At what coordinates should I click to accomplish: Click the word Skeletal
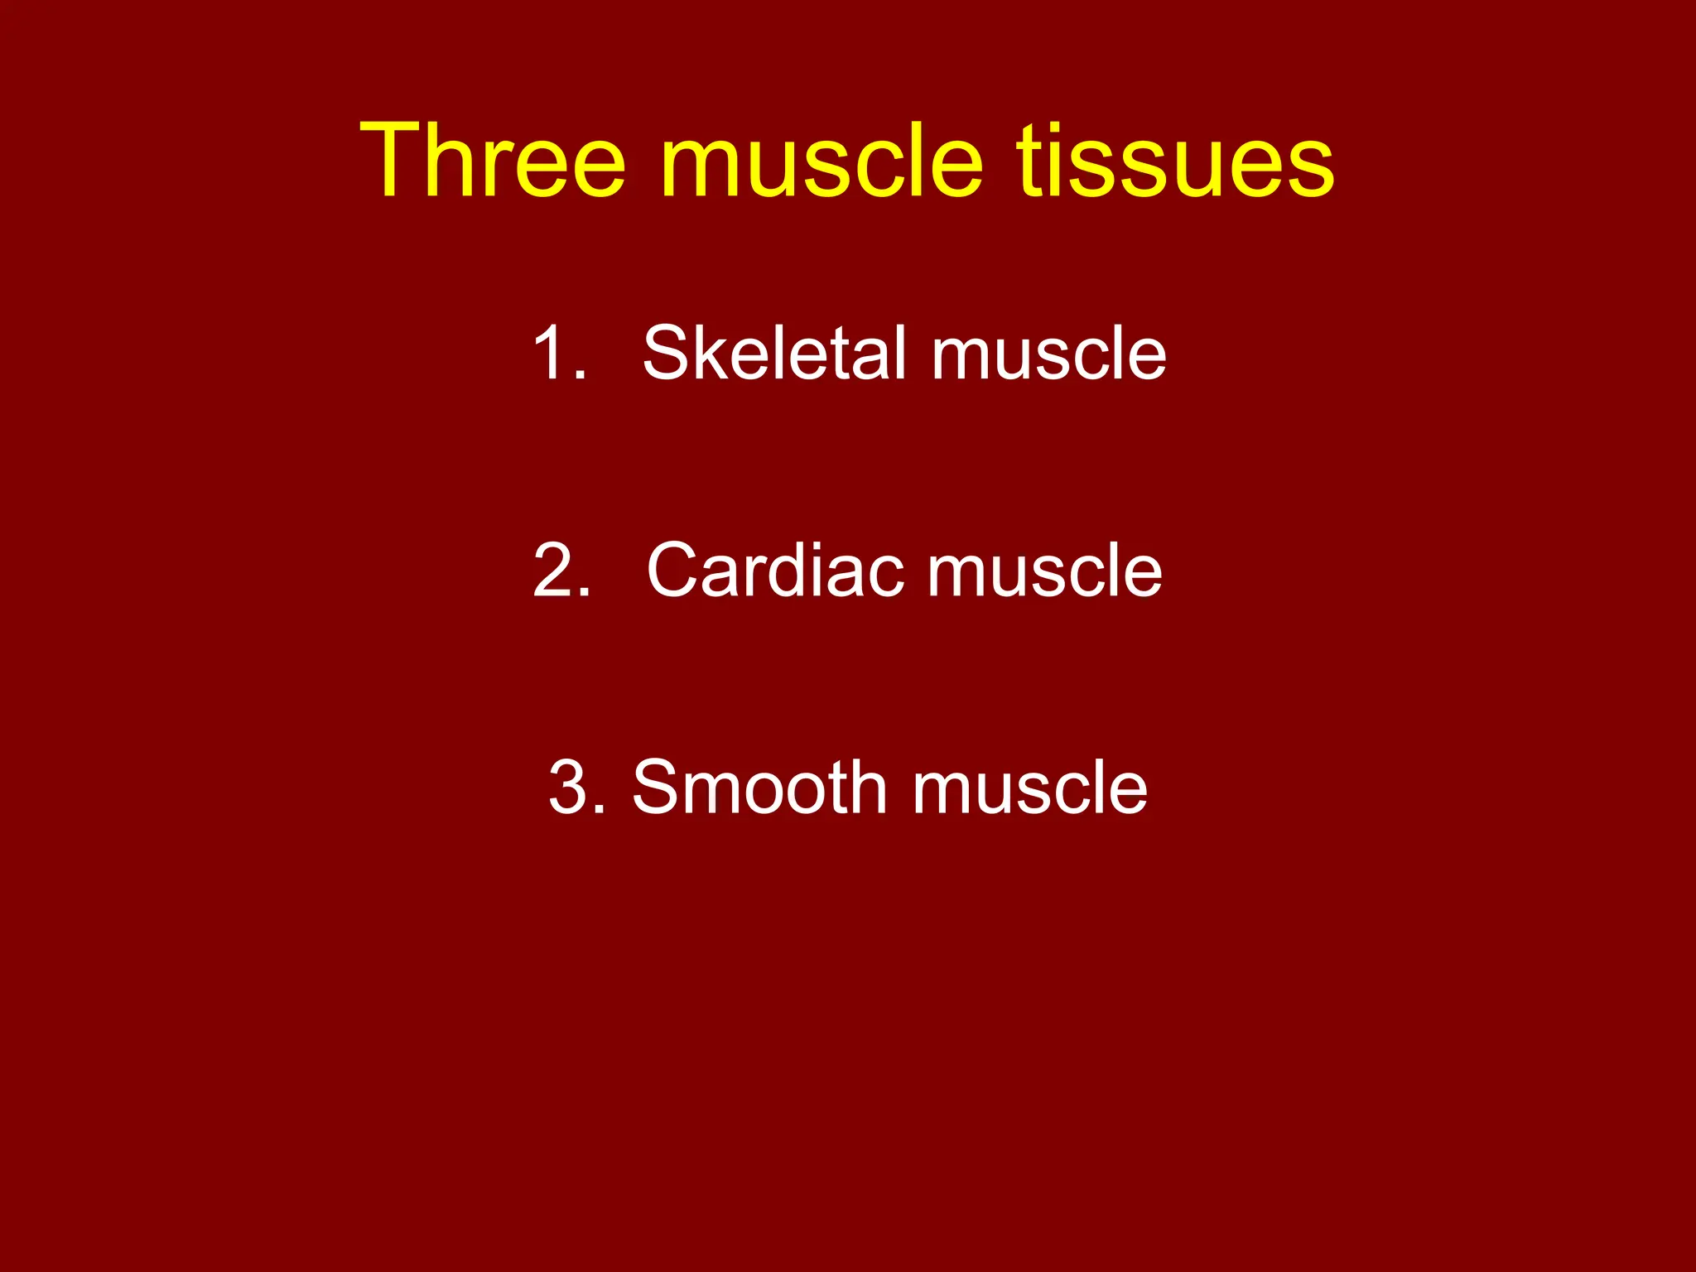point(778,354)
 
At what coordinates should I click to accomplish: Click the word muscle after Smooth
point(1030,788)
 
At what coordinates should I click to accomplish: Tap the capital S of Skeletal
point(666,354)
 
